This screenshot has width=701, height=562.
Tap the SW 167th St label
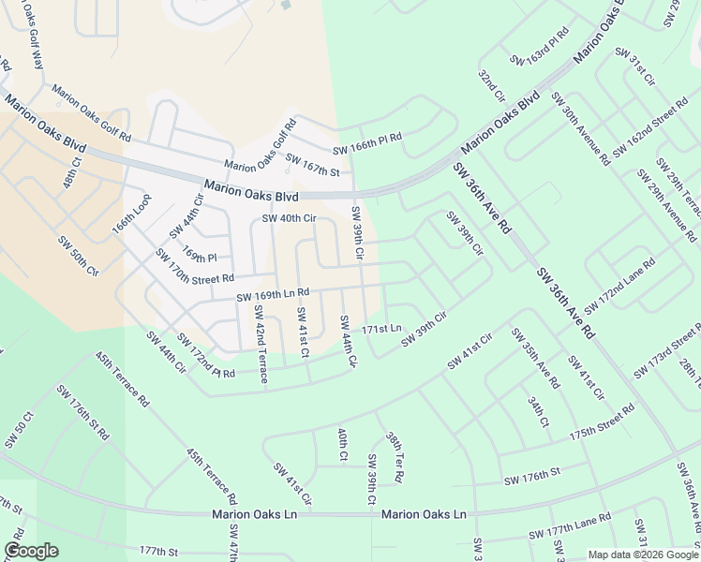pos(311,165)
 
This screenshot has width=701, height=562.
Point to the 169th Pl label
pos(200,255)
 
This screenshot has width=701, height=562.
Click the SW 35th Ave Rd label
pos(535,358)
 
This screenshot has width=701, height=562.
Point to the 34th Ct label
pos(537,411)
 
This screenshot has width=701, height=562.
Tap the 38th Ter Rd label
pos(394,457)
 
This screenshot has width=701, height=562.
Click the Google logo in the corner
pos(31,551)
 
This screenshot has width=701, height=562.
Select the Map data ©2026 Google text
pos(642,555)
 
